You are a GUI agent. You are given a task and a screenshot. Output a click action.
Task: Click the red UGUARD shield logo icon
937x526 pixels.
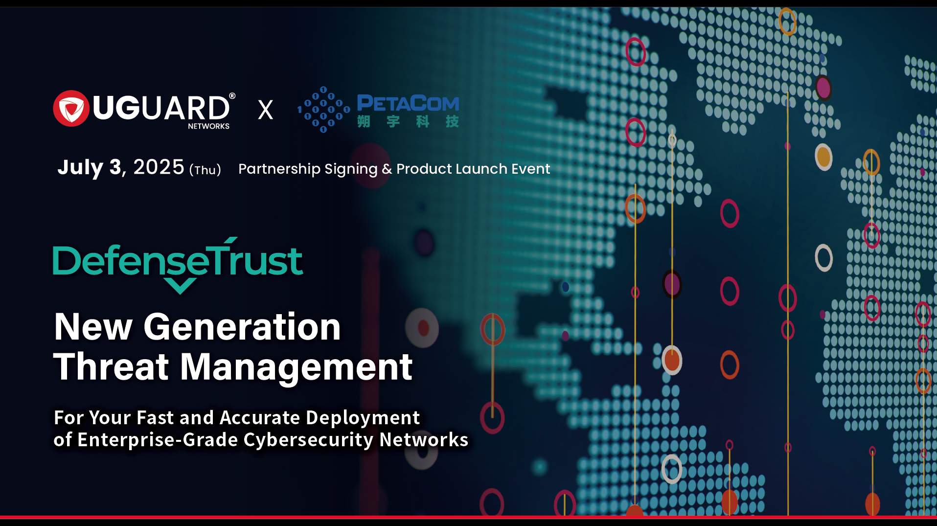tap(71, 109)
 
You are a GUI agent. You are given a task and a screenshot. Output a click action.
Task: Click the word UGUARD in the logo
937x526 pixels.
tap(160, 108)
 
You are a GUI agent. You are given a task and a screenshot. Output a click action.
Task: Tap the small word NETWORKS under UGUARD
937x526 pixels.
tap(208, 126)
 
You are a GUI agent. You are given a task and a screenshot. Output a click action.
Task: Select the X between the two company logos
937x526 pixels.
tap(265, 110)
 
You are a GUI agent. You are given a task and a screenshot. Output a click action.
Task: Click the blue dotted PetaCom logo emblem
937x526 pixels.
tap(323, 110)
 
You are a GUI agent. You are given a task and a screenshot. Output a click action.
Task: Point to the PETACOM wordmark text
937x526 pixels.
tap(408, 103)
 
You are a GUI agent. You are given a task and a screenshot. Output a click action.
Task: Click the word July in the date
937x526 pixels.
tap(80, 168)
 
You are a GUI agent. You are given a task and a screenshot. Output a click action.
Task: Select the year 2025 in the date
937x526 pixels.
tap(159, 167)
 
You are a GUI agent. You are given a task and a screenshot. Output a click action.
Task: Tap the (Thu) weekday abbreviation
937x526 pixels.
tap(205, 170)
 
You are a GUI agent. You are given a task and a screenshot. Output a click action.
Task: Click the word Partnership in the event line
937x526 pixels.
tap(279, 169)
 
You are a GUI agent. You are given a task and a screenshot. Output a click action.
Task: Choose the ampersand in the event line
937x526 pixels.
tap(387, 169)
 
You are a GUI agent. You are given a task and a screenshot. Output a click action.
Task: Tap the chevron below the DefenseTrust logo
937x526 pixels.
tap(180, 285)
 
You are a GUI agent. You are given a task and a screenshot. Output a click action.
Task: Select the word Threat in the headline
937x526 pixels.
tap(111, 367)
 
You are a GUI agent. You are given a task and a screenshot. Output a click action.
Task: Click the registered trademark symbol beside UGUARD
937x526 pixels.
tap(232, 96)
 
